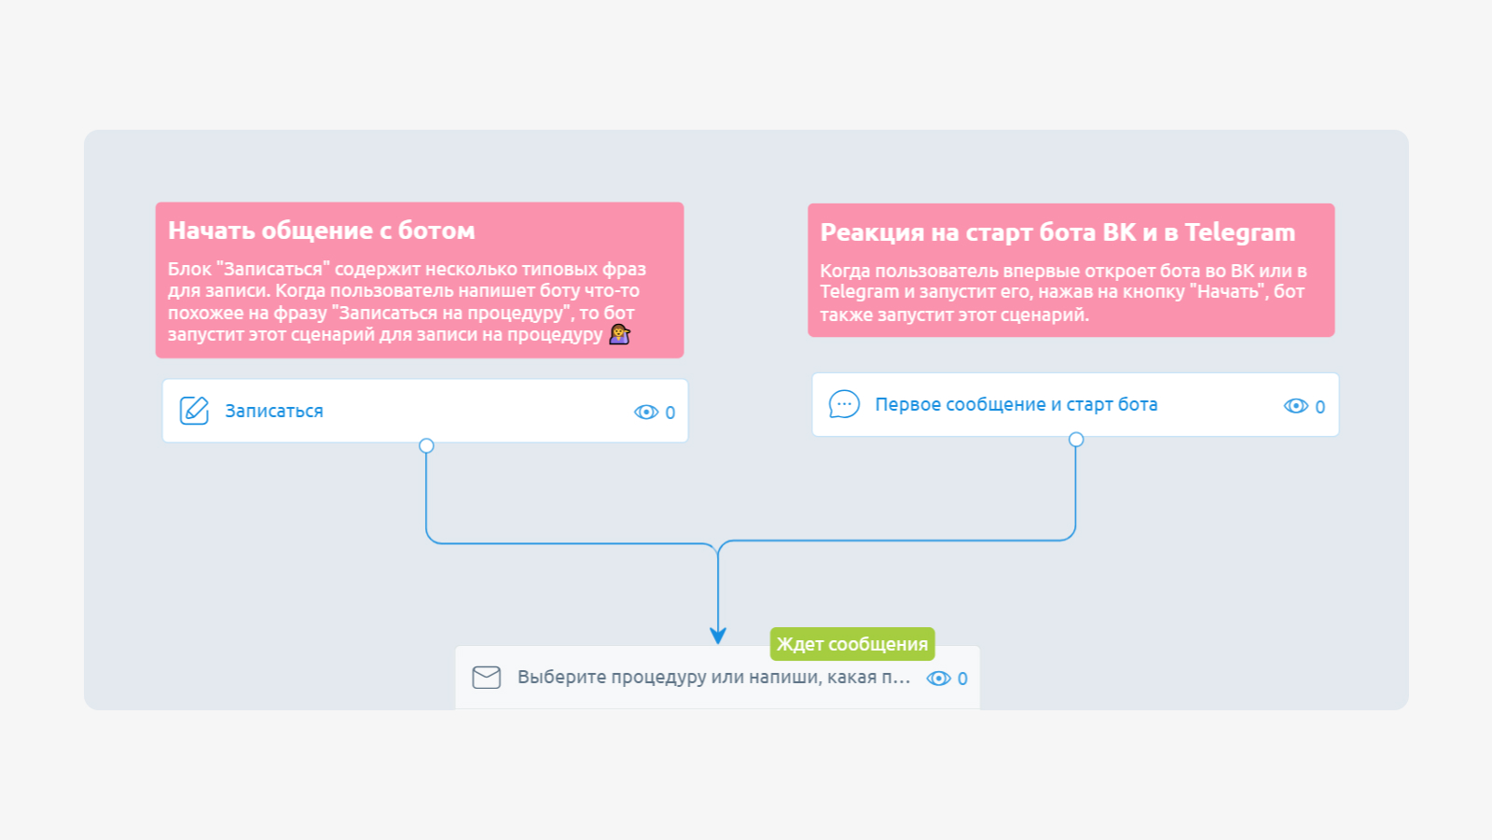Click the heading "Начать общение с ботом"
(x=321, y=231)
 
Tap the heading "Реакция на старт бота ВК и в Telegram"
(x=1057, y=232)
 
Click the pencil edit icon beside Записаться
(x=194, y=411)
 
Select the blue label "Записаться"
(x=274, y=411)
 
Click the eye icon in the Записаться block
(x=646, y=412)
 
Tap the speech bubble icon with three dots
(x=844, y=404)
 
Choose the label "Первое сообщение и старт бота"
(x=1015, y=405)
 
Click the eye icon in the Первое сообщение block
(x=1295, y=406)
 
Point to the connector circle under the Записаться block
(x=426, y=445)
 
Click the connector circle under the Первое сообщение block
(x=1076, y=440)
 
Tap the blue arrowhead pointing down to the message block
(x=717, y=636)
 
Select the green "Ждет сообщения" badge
(x=852, y=644)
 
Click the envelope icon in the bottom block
(x=486, y=678)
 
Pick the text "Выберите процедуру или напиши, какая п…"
(x=713, y=678)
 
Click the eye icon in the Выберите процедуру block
(x=938, y=678)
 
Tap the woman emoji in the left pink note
(x=619, y=334)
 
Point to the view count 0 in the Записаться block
(x=670, y=413)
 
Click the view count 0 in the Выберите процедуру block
(x=962, y=679)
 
